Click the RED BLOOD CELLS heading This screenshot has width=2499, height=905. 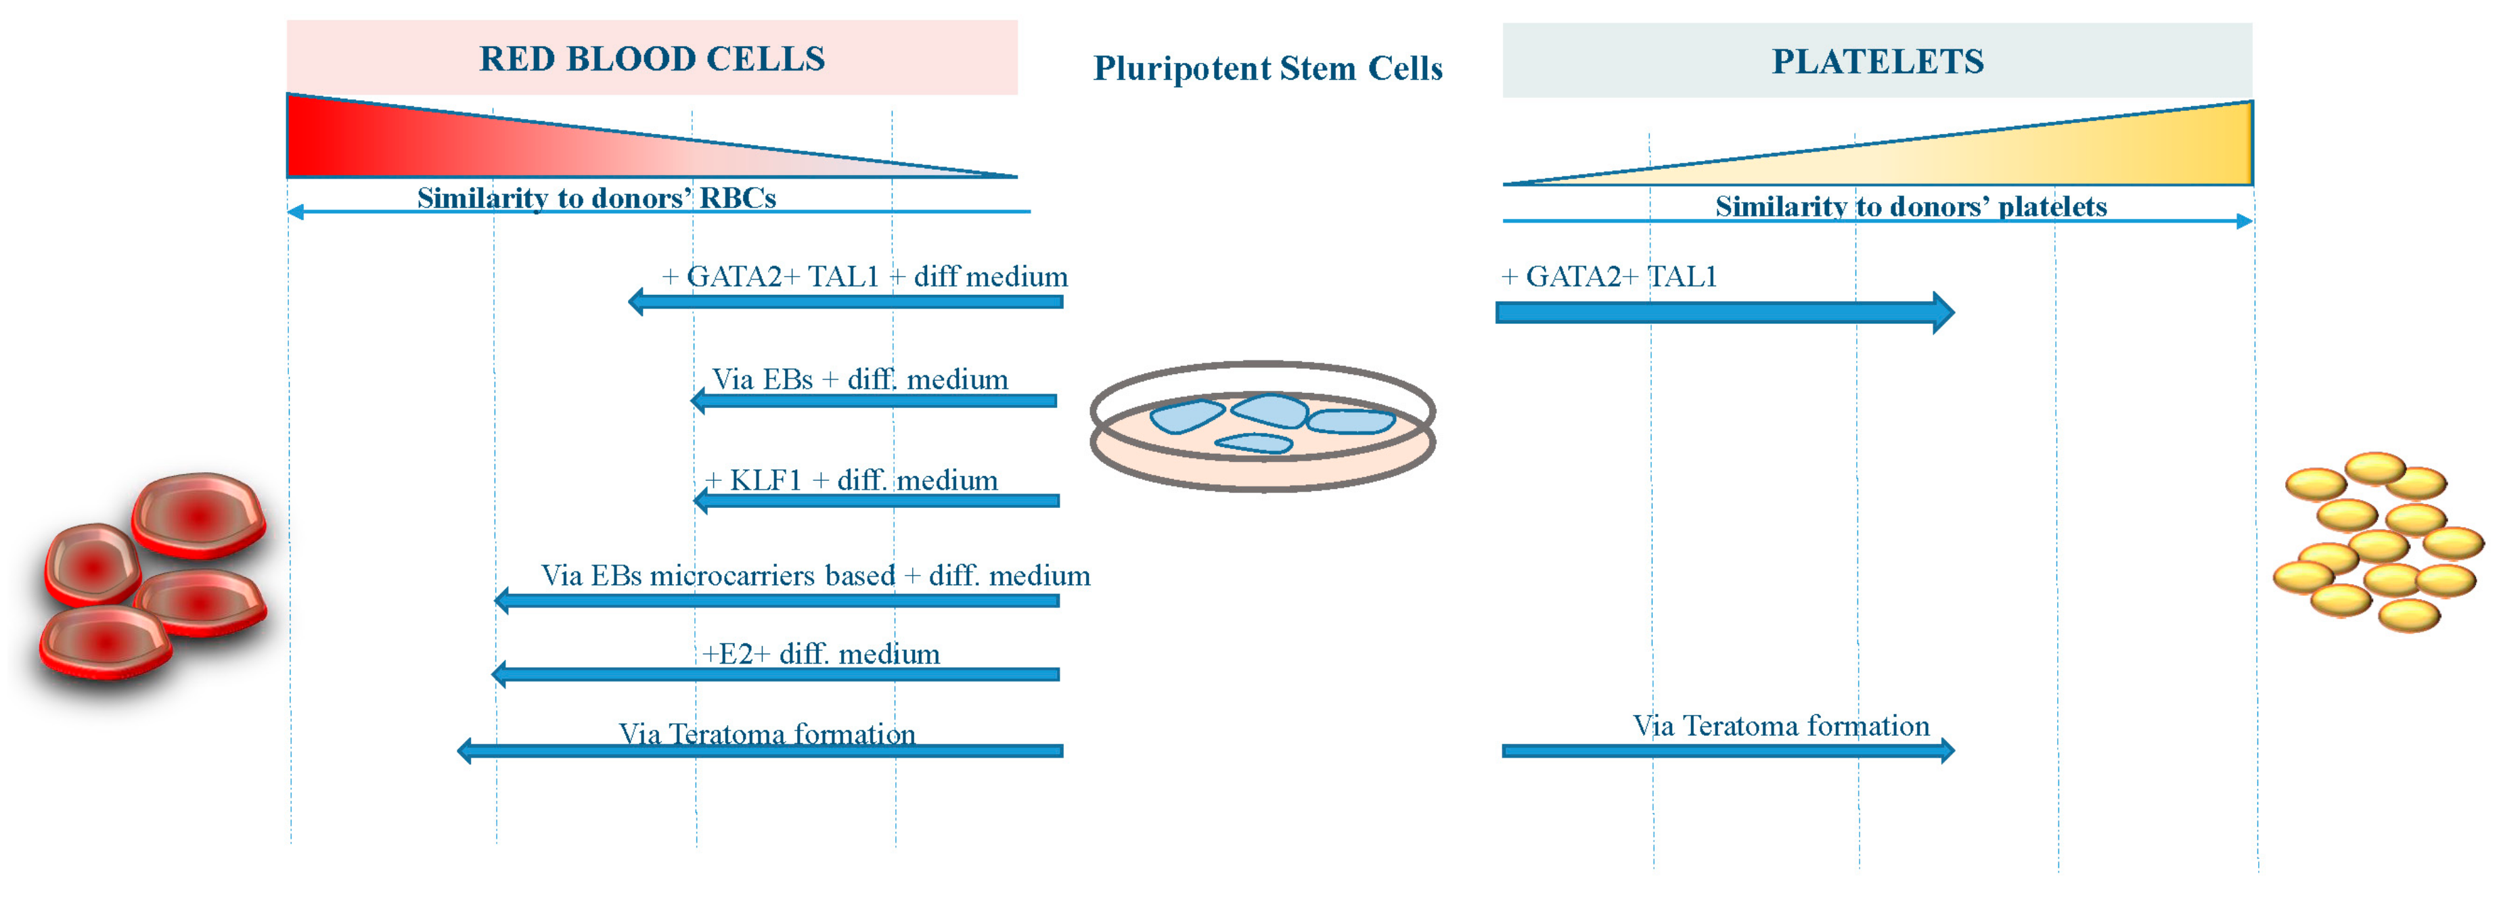pyautogui.click(x=652, y=58)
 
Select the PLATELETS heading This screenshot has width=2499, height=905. pyautogui.click(x=1877, y=61)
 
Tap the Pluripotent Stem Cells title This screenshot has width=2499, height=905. pyautogui.click(x=1267, y=69)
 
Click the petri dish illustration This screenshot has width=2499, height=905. pyautogui.click(x=1262, y=427)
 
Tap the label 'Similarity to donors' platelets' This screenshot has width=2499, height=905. pyautogui.click(x=1910, y=206)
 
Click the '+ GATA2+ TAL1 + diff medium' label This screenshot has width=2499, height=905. pyautogui.click(x=864, y=277)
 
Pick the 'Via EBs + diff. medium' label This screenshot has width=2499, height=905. pyautogui.click(x=859, y=379)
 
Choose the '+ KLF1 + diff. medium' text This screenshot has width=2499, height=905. pyautogui.click(x=851, y=480)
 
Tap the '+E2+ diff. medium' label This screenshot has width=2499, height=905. pyautogui.click(x=821, y=654)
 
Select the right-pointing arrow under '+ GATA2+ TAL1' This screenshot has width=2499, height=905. pyautogui.click(x=1724, y=312)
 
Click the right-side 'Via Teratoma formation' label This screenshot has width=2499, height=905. pyautogui.click(x=1781, y=726)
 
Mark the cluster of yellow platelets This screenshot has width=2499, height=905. pyautogui.click(x=2377, y=541)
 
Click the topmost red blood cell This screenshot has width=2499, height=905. pyautogui.click(x=199, y=514)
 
